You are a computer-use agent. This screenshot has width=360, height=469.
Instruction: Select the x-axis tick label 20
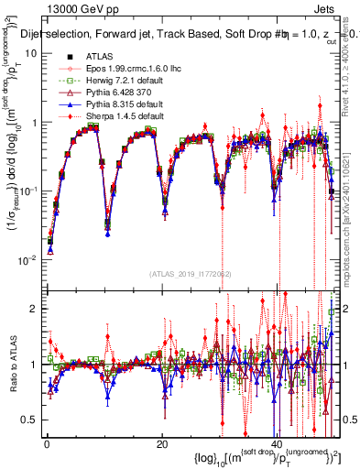point(162,442)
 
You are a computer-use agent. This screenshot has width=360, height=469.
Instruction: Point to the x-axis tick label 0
point(47,442)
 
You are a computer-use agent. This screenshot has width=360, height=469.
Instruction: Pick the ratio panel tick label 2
point(35,309)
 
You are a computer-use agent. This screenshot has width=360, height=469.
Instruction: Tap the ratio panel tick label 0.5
point(31,420)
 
